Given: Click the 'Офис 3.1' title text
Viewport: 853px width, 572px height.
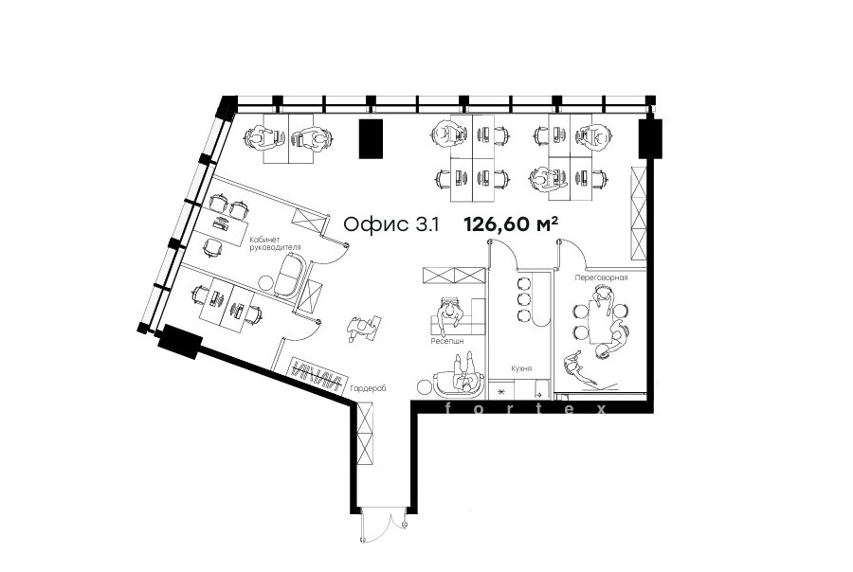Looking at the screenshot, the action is point(391,224).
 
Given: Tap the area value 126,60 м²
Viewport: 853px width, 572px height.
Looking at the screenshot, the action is point(511,223).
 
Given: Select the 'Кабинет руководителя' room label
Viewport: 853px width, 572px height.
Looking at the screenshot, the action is point(275,243).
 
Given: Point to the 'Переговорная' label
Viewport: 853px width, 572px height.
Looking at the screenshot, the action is point(601,277).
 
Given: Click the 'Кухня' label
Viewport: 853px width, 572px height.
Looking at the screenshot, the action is point(521,368).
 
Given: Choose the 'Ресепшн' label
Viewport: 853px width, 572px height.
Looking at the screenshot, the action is point(447,342).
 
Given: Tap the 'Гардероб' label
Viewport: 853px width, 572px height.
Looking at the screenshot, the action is point(368,389).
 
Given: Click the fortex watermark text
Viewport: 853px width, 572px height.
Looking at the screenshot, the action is point(525,409).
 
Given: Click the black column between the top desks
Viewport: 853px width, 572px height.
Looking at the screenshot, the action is point(371,138).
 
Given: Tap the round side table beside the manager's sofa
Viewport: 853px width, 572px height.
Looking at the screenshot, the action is point(266,283).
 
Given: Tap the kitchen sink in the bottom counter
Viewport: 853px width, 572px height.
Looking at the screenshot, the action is point(539,389).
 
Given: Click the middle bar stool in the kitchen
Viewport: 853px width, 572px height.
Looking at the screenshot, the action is point(524,298).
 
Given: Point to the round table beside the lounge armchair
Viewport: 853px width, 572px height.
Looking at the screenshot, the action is point(426,387).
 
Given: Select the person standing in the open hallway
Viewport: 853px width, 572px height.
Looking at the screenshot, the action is point(361,328).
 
